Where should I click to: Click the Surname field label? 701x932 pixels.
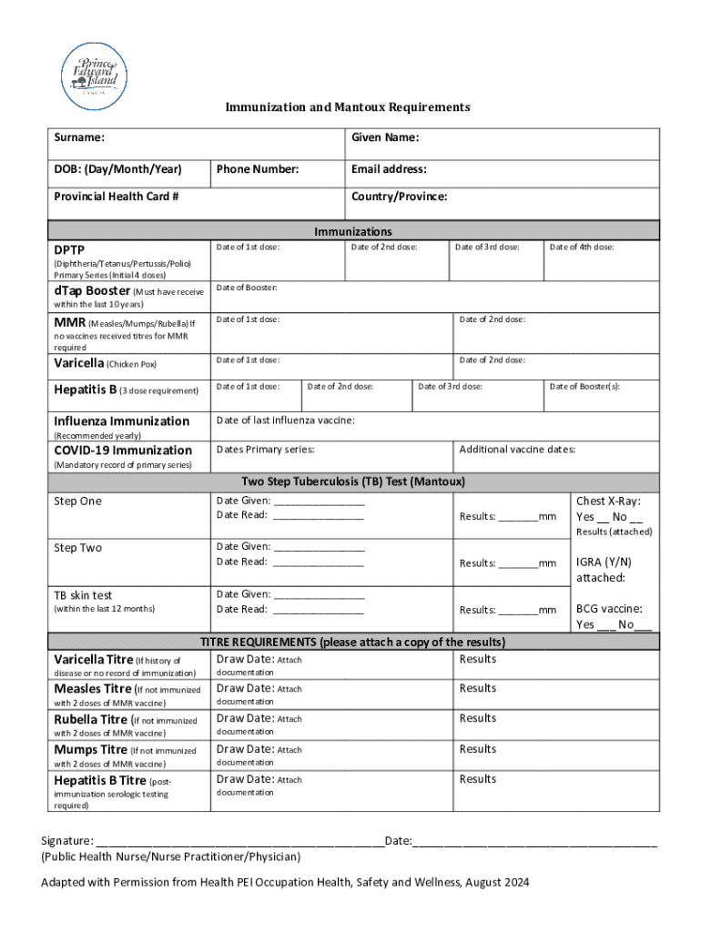pyautogui.click(x=78, y=138)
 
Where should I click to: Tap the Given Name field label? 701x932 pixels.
pyautogui.click(x=385, y=138)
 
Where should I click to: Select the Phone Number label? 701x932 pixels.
pyautogui.click(x=258, y=169)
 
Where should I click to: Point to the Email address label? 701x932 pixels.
pyautogui.click(x=389, y=169)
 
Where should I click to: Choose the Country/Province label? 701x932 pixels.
pyautogui.click(x=399, y=197)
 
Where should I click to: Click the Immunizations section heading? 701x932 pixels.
pyautogui.click(x=353, y=232)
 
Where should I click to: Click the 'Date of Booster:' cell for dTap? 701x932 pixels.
pyautogui.click(x=247, y=289)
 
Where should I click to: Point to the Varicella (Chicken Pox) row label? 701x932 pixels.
pyautogui.click(x=106, y=364)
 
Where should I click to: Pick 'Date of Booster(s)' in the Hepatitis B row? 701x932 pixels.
pyautogui.click(x=584, y=386)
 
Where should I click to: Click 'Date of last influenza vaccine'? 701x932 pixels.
pyautogui.click(x=285, y=420)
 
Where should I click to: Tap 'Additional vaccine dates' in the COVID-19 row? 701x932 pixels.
pyautogui.click(x=517, y=450)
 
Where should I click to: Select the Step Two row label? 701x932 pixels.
pyautogui.click(x=78, y=548)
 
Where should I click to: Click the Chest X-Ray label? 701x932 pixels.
pyautogui.click(x=608, y=501)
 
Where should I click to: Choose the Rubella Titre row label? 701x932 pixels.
pyautogui.click(x=90, y=720)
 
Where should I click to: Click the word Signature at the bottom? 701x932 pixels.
pyautogui.click(x=66, y=841)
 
